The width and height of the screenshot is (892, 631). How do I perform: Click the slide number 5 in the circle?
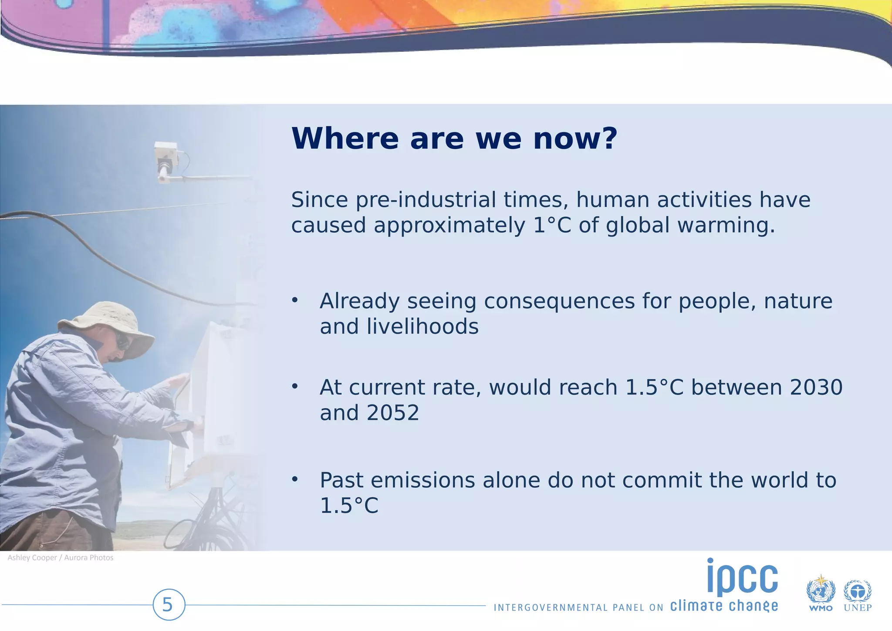point(169,605)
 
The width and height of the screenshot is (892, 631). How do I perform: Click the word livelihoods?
point(422,326)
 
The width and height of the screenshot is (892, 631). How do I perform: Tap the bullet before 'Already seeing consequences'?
point(295,300)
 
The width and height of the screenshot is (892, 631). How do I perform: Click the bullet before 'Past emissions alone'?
point(295,479)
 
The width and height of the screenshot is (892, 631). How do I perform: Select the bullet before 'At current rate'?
point(295,386)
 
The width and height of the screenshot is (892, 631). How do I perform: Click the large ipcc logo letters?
point(742,577)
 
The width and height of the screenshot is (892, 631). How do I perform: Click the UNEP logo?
point(857,595)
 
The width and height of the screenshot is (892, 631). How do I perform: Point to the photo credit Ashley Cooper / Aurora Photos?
point(61,558)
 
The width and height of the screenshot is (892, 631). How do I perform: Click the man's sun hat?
point(105,322)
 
